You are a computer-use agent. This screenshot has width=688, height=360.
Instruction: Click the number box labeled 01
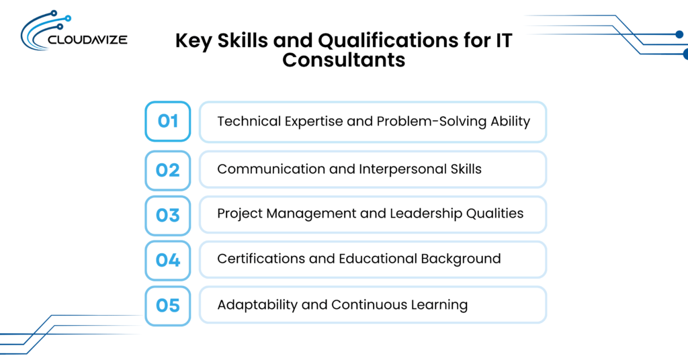(167, 122)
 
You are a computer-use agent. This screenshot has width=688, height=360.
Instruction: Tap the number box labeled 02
(167, 170)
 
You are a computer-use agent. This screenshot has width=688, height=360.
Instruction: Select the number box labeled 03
(167, 216)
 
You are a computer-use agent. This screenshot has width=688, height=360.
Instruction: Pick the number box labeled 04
(167, 261)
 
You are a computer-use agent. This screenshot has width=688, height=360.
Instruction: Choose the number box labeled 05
(167, 306)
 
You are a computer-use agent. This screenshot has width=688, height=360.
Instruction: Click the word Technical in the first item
(249, 121)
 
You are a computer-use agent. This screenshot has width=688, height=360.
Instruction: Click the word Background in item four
(461, 259)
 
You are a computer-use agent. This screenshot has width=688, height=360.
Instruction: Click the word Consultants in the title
(343, 60)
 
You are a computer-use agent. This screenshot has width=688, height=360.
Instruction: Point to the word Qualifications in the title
(387, 40)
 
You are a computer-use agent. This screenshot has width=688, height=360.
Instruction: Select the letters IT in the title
(504, 40)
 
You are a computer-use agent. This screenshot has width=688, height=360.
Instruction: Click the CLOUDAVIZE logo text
(87, 40)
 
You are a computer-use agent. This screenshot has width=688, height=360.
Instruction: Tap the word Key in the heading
(193, 41)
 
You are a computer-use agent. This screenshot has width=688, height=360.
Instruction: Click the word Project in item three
(239, 214)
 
